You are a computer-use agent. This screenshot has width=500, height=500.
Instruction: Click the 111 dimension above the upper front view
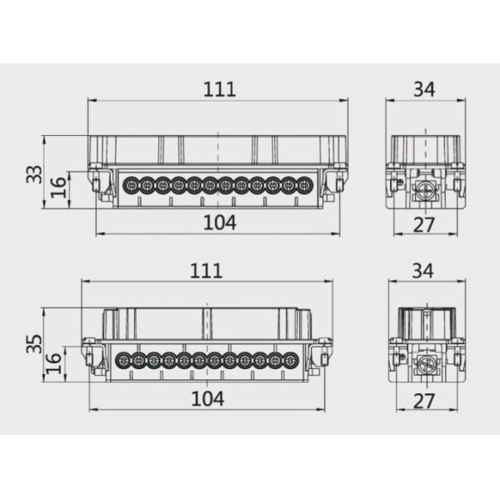click(218, 89)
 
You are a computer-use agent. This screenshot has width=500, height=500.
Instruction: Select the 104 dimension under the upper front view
click(219, 222)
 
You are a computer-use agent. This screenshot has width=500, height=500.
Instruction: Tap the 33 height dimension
click(34, 174)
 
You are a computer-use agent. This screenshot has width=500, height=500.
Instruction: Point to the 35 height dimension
click(34, 345)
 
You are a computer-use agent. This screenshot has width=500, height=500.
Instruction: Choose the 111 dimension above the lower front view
click(206, 270)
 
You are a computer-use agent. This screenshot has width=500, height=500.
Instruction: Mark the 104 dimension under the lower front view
click(207, 398)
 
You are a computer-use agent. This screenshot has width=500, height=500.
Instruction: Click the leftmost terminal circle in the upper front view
click(130, 185)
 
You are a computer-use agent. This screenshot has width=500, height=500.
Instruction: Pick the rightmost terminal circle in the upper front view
click(304, 185)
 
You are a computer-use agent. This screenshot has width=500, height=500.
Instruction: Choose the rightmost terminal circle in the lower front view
click(290, 361)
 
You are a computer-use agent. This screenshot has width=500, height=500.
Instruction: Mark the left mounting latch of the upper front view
click(101, 184)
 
